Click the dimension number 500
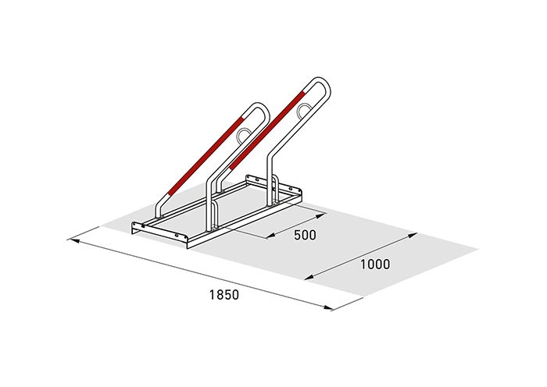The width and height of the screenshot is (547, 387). coord(305,235)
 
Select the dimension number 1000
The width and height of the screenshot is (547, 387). coord(375,265)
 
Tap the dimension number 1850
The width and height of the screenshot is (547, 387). coord(224,295)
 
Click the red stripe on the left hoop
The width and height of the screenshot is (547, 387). coord(205,155)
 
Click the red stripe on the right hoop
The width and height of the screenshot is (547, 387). coord(267,130)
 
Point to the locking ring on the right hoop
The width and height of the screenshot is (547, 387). coord(303,109)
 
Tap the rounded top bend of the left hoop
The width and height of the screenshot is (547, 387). coord(260,106)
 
